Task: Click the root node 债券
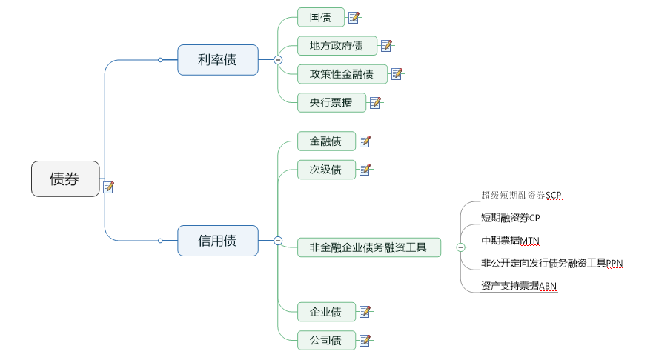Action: (65, 179)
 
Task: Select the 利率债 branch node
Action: (218, 60)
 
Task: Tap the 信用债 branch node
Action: (218, 240)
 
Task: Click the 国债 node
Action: (321, 17)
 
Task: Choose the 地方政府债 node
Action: (337, 46)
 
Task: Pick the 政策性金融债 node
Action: (342, 74)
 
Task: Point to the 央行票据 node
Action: (331, 102)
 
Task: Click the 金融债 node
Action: (326, 141)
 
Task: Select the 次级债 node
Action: (326, 170)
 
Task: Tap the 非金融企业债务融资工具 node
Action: (368, 247)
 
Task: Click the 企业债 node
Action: (326, 312)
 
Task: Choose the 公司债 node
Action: (326, 341)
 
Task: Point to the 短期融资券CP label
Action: (511, 218)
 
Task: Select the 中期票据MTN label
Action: (511, 240)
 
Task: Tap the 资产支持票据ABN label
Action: (518, 285)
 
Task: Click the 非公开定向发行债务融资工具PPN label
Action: (552, 262)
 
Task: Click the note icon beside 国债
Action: (354, 17)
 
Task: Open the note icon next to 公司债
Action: (365, 341)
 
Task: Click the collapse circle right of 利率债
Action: (278, 60)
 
